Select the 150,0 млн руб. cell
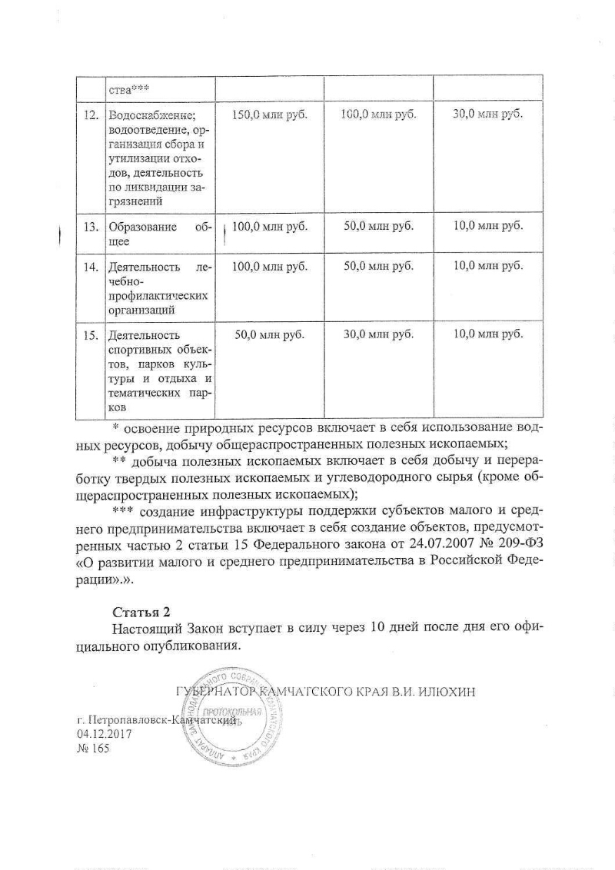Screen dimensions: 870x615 click(270, 115)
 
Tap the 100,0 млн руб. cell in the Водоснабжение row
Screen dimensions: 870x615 click(378, 115)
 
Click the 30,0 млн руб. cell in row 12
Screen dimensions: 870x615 click(487, 114)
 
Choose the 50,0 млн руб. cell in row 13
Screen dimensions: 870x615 click(378, 226)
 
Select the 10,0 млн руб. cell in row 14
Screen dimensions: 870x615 click(487, 267)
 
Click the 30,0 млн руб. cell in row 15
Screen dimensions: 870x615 click(378, 334)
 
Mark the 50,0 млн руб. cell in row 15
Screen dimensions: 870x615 click(270, 334)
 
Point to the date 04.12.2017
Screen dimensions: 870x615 click(105, 735)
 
